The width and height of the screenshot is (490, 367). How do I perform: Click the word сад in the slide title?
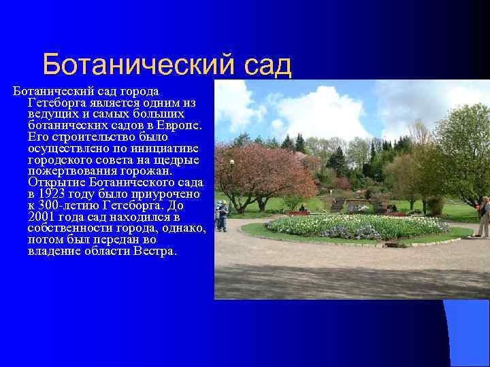click(x=265, y=65)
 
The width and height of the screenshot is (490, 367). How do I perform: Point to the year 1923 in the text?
click(x=54, y=194)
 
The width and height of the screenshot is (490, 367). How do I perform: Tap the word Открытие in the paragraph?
click(x=55, y=183)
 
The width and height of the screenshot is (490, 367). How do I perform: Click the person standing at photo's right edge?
click(x=483, y=217)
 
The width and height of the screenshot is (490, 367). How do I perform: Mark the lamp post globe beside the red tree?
click(x=231, y=162)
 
